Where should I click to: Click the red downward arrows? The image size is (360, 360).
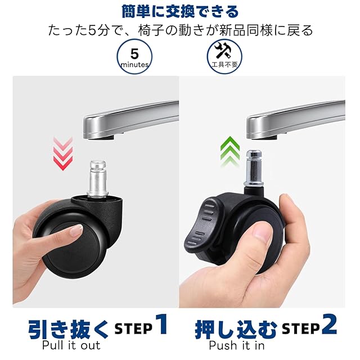pos(63,153)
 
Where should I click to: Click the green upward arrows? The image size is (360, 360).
pos(230,151)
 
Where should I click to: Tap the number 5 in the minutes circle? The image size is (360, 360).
pos(134,54)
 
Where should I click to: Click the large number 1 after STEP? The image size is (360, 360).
pos(161,324)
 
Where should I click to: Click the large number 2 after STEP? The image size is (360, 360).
pos(329,324)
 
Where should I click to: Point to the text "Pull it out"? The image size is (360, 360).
pos(71,345)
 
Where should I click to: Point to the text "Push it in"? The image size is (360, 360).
pos(237,345)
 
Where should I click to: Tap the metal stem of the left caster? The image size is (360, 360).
pos(98,179)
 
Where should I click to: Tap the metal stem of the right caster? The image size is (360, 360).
pos(254,168)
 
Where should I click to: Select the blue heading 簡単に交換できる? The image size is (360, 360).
pos(180,12)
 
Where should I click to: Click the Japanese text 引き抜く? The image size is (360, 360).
pos(68,330)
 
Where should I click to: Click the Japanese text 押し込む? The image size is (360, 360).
pos(236,330)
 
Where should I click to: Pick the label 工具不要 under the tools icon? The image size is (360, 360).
pos(224,65)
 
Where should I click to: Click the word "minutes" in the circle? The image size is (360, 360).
pos(134,65)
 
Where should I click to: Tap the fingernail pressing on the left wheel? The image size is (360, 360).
pos(76,230)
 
